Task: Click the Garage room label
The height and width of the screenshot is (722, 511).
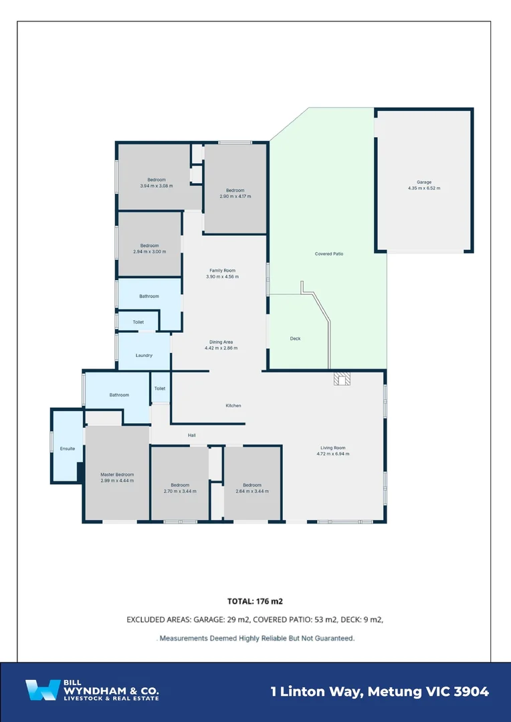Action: (x=424, y=182)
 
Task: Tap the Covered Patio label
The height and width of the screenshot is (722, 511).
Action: (x=329, y=254)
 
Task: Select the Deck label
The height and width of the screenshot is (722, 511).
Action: (x=295, y=339)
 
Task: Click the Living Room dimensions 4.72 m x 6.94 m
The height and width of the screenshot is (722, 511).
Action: (x=333, y=454)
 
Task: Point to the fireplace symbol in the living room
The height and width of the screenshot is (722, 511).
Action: (x=342, y=380)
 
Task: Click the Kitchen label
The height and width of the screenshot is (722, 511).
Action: (x=233, y=406)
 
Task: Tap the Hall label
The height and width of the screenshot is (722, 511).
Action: (x=192, y=435)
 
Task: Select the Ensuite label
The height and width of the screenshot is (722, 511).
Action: (x=68, y=449)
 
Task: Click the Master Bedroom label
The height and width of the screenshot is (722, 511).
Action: (x=117, y=474)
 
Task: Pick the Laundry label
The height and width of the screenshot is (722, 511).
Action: (x=144, y=356)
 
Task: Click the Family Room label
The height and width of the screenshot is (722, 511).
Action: (x=221, y=270)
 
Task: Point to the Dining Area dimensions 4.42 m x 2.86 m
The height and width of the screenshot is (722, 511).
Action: (x=221, y=348)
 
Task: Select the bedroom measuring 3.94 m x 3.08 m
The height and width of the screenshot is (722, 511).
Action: (x=157, y=183)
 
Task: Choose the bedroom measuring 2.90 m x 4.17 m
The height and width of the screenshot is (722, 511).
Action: (x=235, y=193)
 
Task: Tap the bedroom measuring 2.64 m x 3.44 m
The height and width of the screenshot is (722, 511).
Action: (x=252, y=488)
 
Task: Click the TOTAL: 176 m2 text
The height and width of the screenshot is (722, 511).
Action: (x=255, y=601)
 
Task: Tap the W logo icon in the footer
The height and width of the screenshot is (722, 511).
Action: (x=41, y=691)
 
